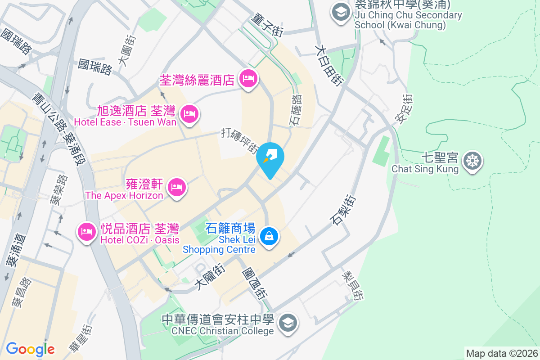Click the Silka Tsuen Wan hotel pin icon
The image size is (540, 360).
(248, 79)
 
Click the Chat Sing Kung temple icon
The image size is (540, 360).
(473, 161)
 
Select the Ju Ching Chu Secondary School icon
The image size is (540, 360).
(340, 12)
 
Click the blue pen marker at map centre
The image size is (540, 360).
(270, 158)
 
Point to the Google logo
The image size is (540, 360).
(30, 349)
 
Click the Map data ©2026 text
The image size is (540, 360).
(501, 353)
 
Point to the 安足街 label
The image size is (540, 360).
(403, 108)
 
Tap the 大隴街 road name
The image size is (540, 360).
(210, 276)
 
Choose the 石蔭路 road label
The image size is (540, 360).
(295, 110)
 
